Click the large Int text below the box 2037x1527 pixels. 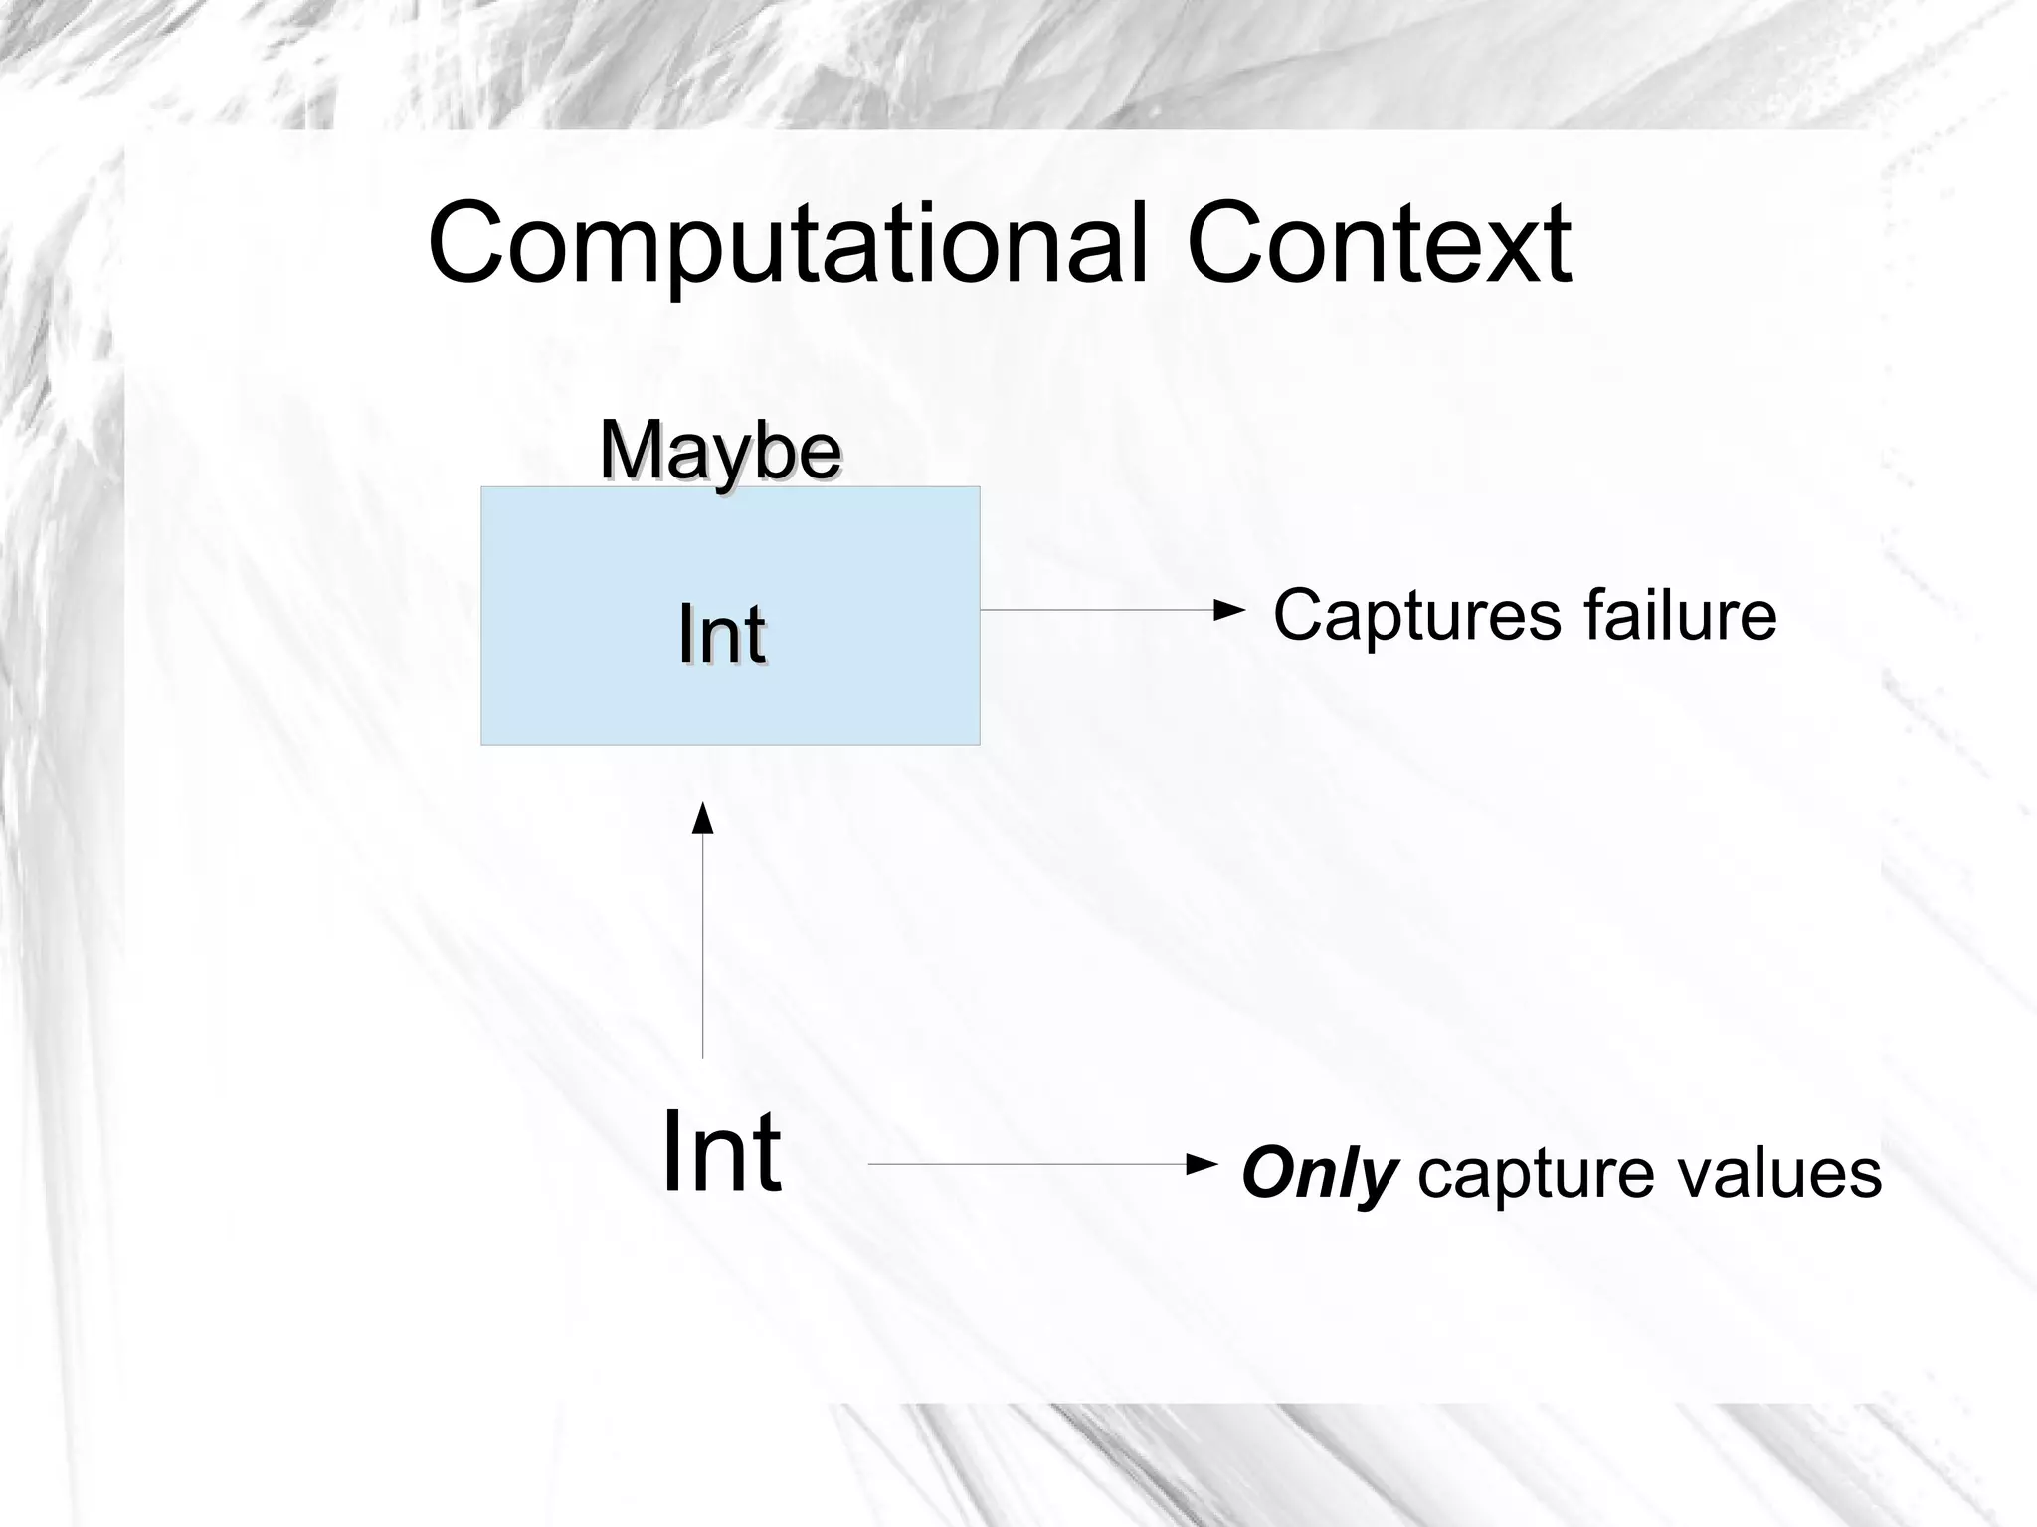click(x=721, y=1152)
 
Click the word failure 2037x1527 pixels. click(x=1680, y=615)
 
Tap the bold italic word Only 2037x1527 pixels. click(x=1319, y=1174)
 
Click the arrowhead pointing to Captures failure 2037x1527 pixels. click(x=1230, y=610)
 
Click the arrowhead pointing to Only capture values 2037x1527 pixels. click(x=1204, y=1163)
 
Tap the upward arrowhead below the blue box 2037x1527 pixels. click(x=703, y=818)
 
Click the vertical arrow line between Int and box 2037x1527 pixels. click(x=703, y=945)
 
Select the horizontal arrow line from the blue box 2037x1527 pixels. click(x=1094, y=610)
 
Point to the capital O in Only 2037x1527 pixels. click(x=1268, y=1174)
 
